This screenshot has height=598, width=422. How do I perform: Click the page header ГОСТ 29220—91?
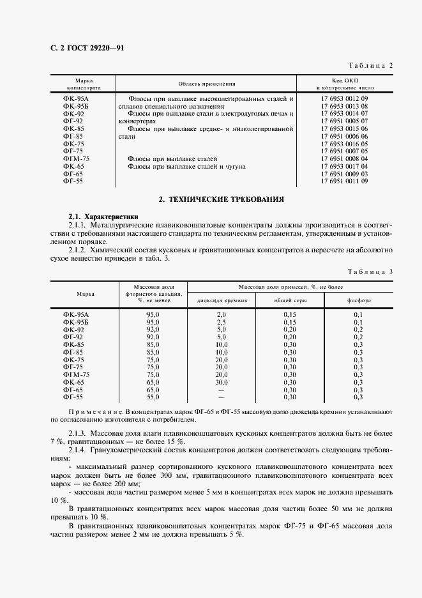(x=86, y=49)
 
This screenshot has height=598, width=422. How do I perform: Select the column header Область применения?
(x=207, y=84)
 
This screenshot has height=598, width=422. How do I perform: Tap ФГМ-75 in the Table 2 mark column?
(x=76, y=158)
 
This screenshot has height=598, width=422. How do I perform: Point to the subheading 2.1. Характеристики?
(x=103, y=217)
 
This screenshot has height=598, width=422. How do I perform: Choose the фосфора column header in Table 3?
(x=358, y=300)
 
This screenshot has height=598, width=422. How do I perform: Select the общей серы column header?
(x=290, y=300)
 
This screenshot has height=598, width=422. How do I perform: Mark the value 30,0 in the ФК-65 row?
(x=222, y=381)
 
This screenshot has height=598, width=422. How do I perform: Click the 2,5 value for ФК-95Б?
(x=222, y=322)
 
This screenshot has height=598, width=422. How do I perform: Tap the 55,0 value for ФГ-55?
(x=153, y=397)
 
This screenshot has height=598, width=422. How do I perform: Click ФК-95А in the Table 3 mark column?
(x=76, y=314)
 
